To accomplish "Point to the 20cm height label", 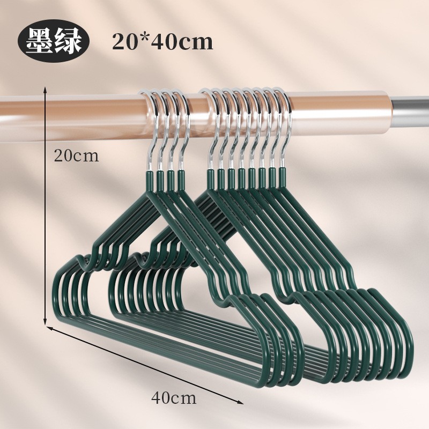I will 77,156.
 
